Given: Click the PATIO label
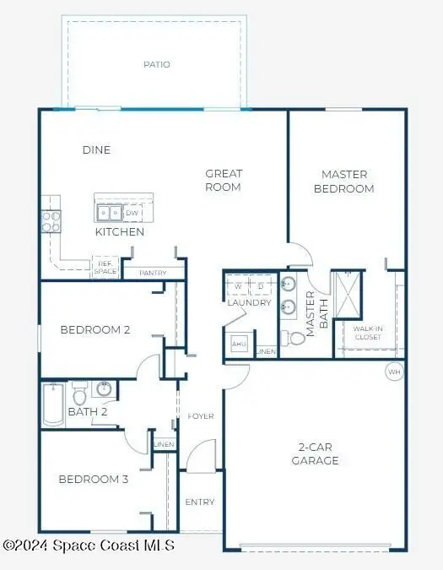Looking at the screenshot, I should pos(156,64).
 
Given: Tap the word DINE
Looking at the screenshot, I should pos(96,150).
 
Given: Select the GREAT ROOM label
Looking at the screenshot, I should pos(224,180).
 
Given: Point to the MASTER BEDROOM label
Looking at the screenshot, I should pos(343,182).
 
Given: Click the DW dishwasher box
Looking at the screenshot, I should pos(132,213).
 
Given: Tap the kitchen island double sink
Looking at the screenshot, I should pos(109,213).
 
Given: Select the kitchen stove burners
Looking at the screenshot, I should pos(51,221).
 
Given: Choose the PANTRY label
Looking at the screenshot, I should pos(152,273).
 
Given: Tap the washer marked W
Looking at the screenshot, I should pos(238,285).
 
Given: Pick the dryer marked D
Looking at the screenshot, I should pos(261,285).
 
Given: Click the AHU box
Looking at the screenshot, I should pos(238,345).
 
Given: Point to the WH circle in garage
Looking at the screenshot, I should pos(394,371).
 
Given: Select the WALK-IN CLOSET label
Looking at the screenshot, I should pos(367,333).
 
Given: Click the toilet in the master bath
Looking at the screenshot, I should pos(296,338).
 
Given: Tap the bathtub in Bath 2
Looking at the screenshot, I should pos(51,404).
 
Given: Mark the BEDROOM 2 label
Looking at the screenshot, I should pos(95,330).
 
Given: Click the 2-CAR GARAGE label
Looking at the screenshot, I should pos(316,453).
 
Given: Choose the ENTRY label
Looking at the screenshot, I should pos(200,502).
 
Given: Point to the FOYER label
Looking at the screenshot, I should pos(201,416).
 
